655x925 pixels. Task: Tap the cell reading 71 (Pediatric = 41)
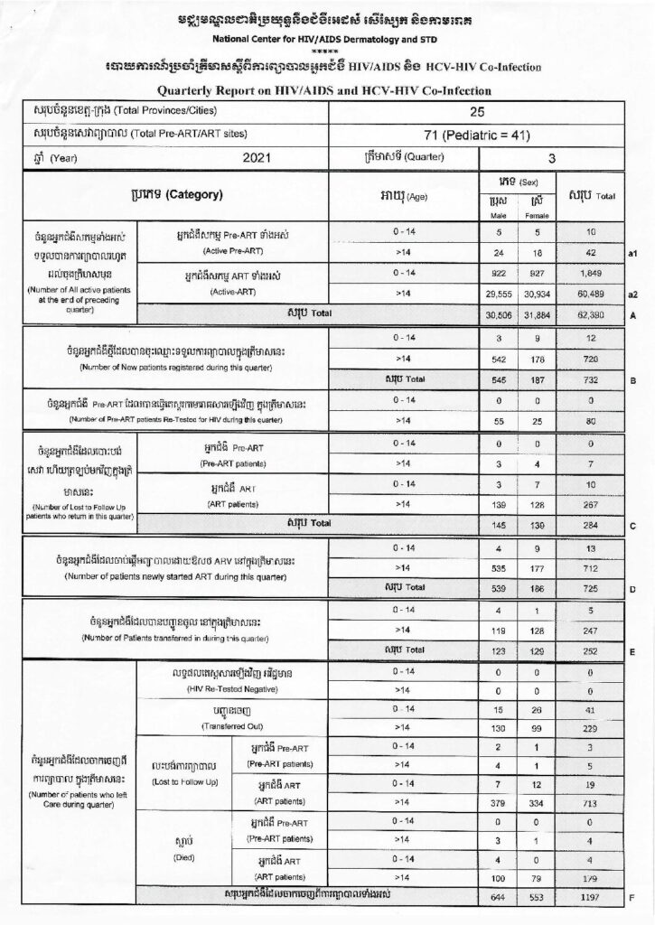[x=478, y=135]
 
